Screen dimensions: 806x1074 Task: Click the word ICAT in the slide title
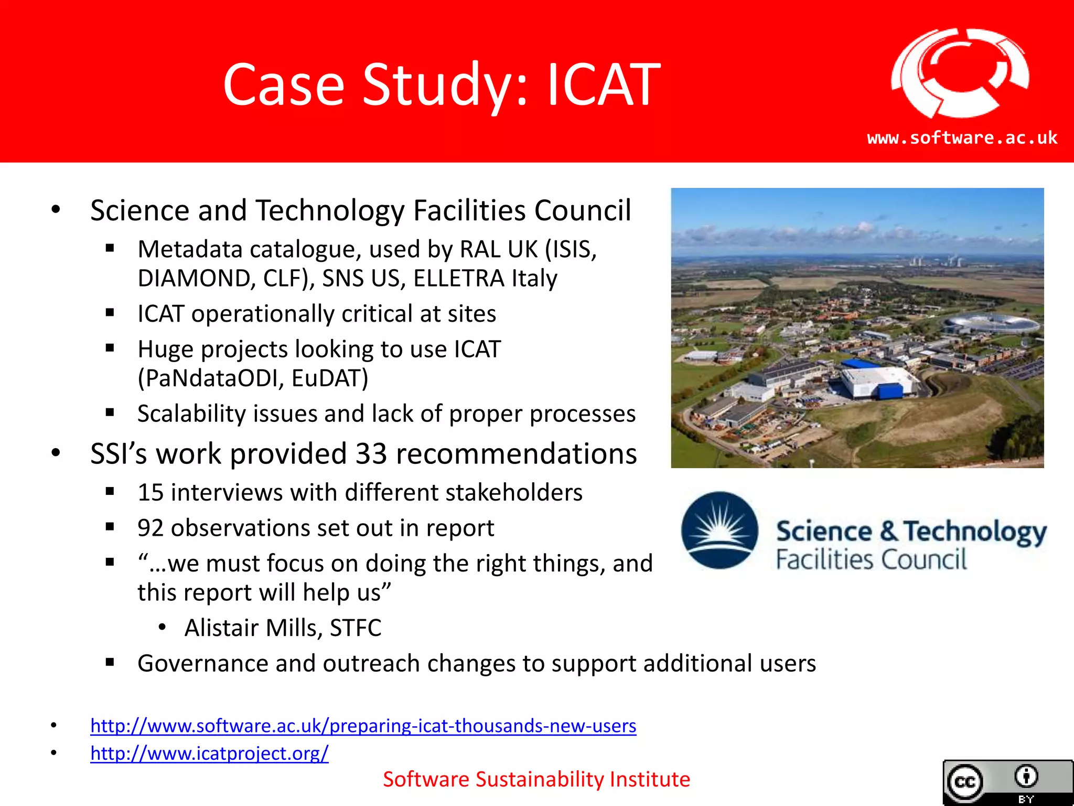(603, 85)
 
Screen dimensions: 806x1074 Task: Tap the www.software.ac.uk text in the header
(962, 138)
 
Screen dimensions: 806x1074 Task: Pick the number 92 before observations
(151, 528)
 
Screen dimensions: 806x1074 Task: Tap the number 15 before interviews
(151, 493)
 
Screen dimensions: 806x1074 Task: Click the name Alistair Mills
(253, 628)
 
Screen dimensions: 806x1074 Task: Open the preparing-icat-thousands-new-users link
(363, 726)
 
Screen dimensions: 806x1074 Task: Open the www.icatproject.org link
(209, 754)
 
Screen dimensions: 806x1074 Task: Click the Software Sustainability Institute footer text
(536, 779)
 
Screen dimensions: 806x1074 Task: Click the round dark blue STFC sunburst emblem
(719, 530)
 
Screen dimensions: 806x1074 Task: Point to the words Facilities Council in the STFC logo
(871, 559)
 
